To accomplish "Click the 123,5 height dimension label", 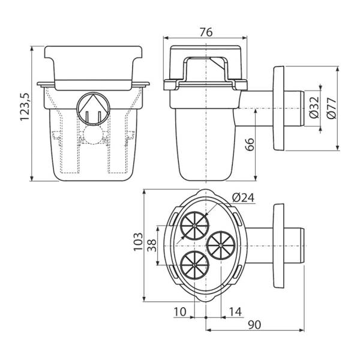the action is click(25, 107).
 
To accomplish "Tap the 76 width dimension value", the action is click(206, 32).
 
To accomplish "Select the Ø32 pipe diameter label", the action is click(314, 107).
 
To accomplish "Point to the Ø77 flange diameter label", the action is click(332, 108).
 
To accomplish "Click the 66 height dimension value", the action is click(250, 144).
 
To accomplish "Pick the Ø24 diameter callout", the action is click(243, 197).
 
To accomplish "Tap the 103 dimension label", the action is click(138, 242).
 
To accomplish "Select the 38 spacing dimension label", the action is click(152, 245).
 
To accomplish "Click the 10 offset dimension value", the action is click(180, 311).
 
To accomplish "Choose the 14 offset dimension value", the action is click(236, 311).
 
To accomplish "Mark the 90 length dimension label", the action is click(254, 325).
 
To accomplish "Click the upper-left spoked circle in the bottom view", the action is click(194, 226).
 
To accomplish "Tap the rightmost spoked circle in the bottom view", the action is click(221, 245).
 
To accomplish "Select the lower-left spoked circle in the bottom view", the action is click(194, 265).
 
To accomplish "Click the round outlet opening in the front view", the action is click(93, 109).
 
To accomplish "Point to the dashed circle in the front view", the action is click(93, 134).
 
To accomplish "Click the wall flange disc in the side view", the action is click(278, 108).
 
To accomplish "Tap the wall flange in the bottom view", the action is click(278, 245).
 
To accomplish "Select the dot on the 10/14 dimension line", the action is click(206, 317).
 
